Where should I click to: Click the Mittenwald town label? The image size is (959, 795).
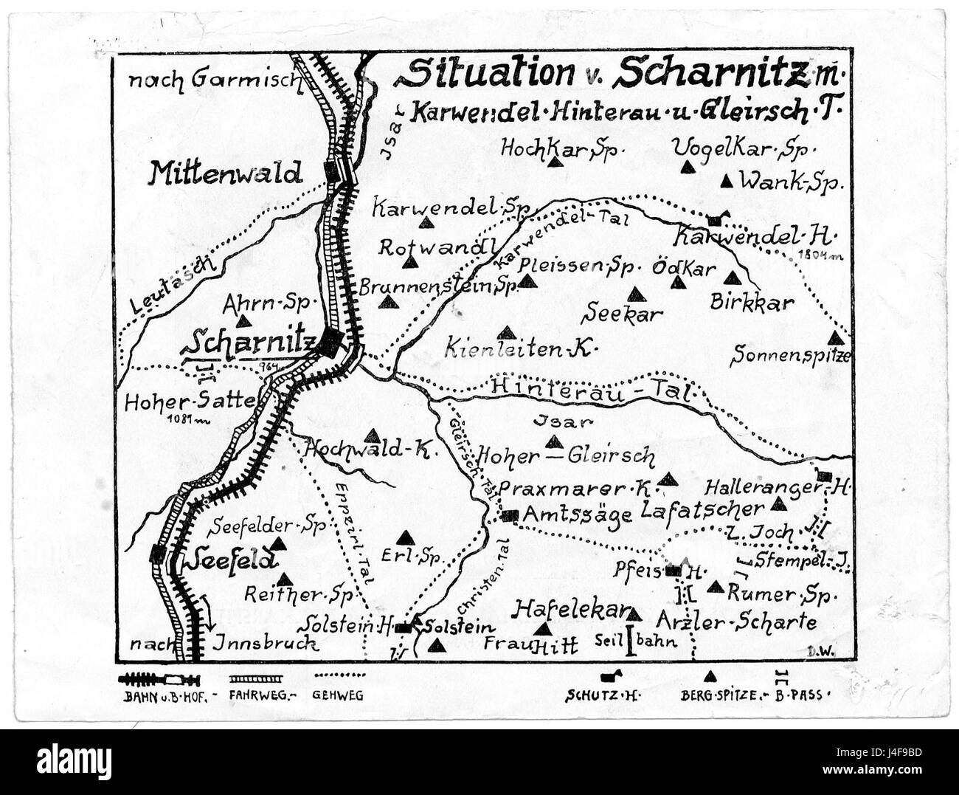coord(226,173)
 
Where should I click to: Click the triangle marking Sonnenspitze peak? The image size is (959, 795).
coord(835,338)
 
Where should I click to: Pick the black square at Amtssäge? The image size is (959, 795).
coord(509,515)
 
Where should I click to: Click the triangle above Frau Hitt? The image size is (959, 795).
coord(544,629)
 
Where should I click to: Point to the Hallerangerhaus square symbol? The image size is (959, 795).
coord(825,476)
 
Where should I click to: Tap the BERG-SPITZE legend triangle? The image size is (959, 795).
coord(710,675)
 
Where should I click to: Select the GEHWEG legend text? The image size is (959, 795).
coord(339,695)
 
